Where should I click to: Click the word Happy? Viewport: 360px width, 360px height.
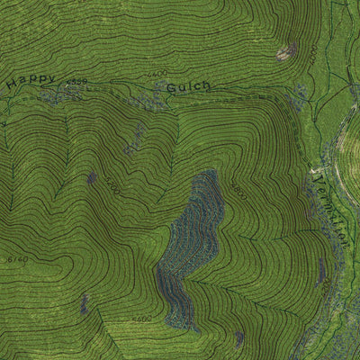coord(31,81)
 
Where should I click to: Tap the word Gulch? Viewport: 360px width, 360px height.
coord(188,87)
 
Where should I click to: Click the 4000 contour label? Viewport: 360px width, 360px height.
coord(311,54)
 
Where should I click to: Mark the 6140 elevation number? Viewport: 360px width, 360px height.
coord(17,260)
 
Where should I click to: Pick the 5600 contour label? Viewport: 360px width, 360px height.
coord(112,186)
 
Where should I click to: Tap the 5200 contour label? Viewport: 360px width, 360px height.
coord(140,319)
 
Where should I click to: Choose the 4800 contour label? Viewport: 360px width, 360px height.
coord(238,191)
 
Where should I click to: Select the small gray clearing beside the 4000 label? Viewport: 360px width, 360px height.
coord(286,52)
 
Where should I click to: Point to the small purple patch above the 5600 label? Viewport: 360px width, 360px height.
coord(91,178)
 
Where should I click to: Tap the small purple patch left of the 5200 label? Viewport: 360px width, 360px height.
coord(83,306)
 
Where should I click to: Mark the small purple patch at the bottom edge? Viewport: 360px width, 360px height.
coord(238,338)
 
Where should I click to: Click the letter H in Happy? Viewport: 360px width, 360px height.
coord(11,85)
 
